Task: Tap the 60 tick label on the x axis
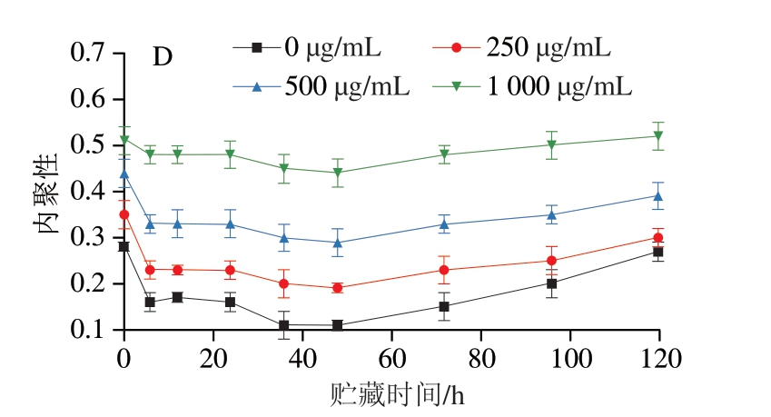(391, 358)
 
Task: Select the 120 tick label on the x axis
(658, 358)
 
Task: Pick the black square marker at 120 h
(658, 252)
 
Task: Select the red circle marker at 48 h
(338, 288)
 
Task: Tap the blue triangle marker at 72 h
(445, 223)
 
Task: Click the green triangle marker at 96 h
(551, 145)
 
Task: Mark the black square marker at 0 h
(124, 246)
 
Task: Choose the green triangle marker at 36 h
(284, 168)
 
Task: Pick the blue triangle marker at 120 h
(658, 195)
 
